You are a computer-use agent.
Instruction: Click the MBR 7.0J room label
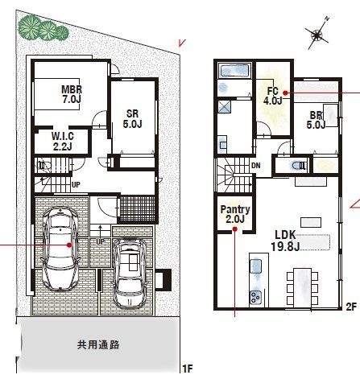point(72,94)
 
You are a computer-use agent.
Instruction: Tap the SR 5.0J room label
point(132,119)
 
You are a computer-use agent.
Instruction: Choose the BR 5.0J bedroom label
point(316,119)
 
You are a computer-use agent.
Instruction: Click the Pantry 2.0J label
point(235,214)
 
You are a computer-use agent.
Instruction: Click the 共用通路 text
point(98,344)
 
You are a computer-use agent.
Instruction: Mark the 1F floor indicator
point(186,369)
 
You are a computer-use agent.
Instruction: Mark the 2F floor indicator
point(350,307)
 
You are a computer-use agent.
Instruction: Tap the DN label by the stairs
point(255,167)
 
